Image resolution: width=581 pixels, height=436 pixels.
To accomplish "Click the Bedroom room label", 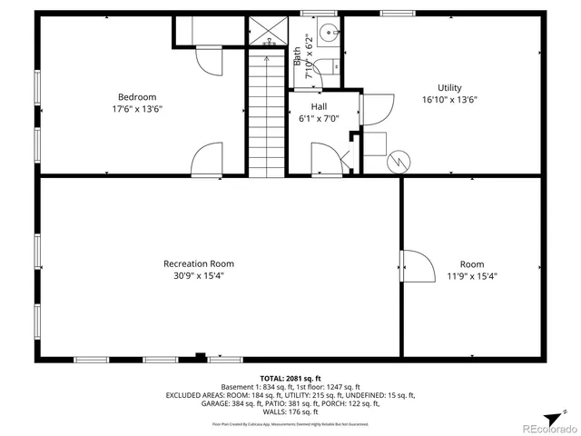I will click(x=136, y=97).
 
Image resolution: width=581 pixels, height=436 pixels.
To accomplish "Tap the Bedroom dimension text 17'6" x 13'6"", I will click(x=136, y=109).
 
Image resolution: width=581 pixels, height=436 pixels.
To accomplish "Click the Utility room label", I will click(x=449, y=88).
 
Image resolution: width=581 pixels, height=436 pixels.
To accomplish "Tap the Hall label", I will click(x=319, y=106).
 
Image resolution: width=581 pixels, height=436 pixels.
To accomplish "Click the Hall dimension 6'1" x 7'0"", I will click(x=319, y=118).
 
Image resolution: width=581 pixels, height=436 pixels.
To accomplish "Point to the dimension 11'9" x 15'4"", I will click(x=471, y=276).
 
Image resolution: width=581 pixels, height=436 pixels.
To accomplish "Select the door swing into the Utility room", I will click(x=377, y=109).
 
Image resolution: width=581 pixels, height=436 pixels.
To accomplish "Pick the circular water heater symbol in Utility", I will click(x=398, y=162).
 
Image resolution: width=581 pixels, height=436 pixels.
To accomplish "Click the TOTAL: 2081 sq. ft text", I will click(x=290, y=378).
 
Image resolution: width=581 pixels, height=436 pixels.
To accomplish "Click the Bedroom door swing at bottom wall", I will click(x=208, y=156).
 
